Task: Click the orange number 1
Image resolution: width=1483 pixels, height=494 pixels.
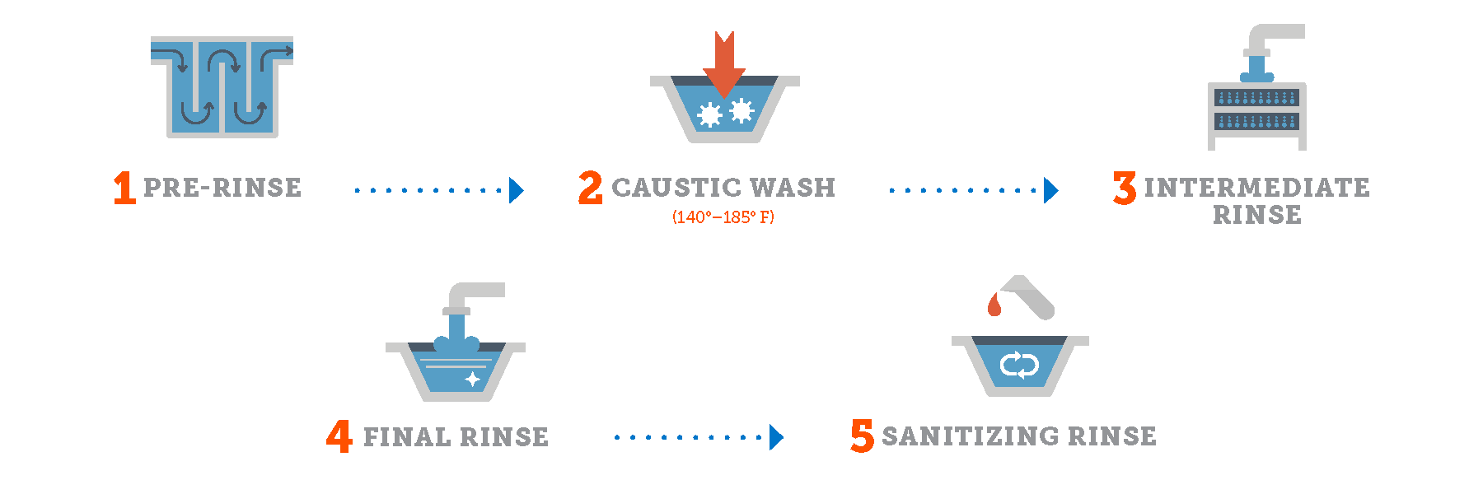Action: pos(124,188)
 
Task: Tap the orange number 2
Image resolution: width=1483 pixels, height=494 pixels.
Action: pos(590,188)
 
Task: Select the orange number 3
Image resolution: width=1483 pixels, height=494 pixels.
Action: pos(1125,188)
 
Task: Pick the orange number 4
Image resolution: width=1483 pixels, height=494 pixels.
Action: pos(339,436)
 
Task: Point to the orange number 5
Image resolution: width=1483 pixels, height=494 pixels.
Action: pos(862,436)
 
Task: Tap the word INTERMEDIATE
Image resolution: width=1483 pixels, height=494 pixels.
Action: pos(1256,188)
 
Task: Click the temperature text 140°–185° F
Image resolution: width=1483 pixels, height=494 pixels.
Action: pos(723,217)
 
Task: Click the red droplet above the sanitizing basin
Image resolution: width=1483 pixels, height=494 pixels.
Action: pos(994,305)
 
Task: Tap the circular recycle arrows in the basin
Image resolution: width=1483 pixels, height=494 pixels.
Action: pos(1019,365)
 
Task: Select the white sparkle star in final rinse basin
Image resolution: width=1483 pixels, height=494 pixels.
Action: pos(473,379)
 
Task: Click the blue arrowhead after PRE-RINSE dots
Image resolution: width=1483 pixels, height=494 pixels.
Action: pos(517,190)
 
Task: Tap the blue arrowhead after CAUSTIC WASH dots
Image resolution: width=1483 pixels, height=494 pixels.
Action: pos(1050,190)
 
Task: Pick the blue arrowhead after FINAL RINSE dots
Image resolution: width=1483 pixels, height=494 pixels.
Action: pos(776,437)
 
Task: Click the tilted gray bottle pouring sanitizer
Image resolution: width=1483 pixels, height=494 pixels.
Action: pos(1030,296)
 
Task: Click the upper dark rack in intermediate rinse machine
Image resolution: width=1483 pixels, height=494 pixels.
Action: pos(1256,98)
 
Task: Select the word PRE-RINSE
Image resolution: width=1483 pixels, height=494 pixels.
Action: pos(222,188)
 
